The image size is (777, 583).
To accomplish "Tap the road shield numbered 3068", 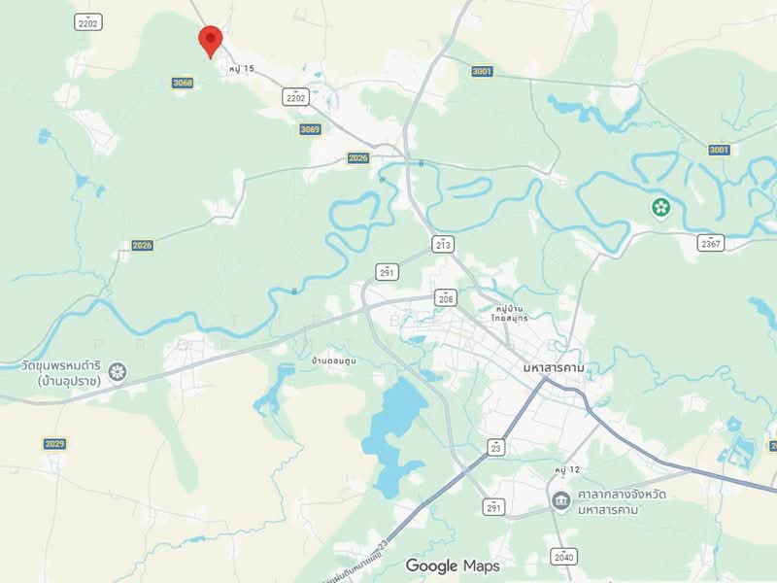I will [x=183, y=83].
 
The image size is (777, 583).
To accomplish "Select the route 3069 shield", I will [x=310, y=129].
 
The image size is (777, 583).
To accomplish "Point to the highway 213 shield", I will [x=444, y=243].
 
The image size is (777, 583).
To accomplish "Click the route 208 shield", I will [x=445, y=298].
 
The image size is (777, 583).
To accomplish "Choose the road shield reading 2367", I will [x=711, y=243].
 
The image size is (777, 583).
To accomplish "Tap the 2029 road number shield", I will [x=55, y=444].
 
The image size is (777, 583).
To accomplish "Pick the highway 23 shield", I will [x=496, y=447].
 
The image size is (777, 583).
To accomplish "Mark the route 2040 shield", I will [x=563, y=557].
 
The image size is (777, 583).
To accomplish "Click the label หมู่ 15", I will [x=241, y=69].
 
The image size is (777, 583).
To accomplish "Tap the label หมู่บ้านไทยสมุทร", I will [x=509, y=313].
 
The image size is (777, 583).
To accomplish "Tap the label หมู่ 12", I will [x=567, y=470].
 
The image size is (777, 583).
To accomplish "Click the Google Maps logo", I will [x=453, y=566].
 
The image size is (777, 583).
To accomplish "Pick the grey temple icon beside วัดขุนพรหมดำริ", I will [x=118, y=371].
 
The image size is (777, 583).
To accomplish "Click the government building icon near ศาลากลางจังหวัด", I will [x=560, y=501].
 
